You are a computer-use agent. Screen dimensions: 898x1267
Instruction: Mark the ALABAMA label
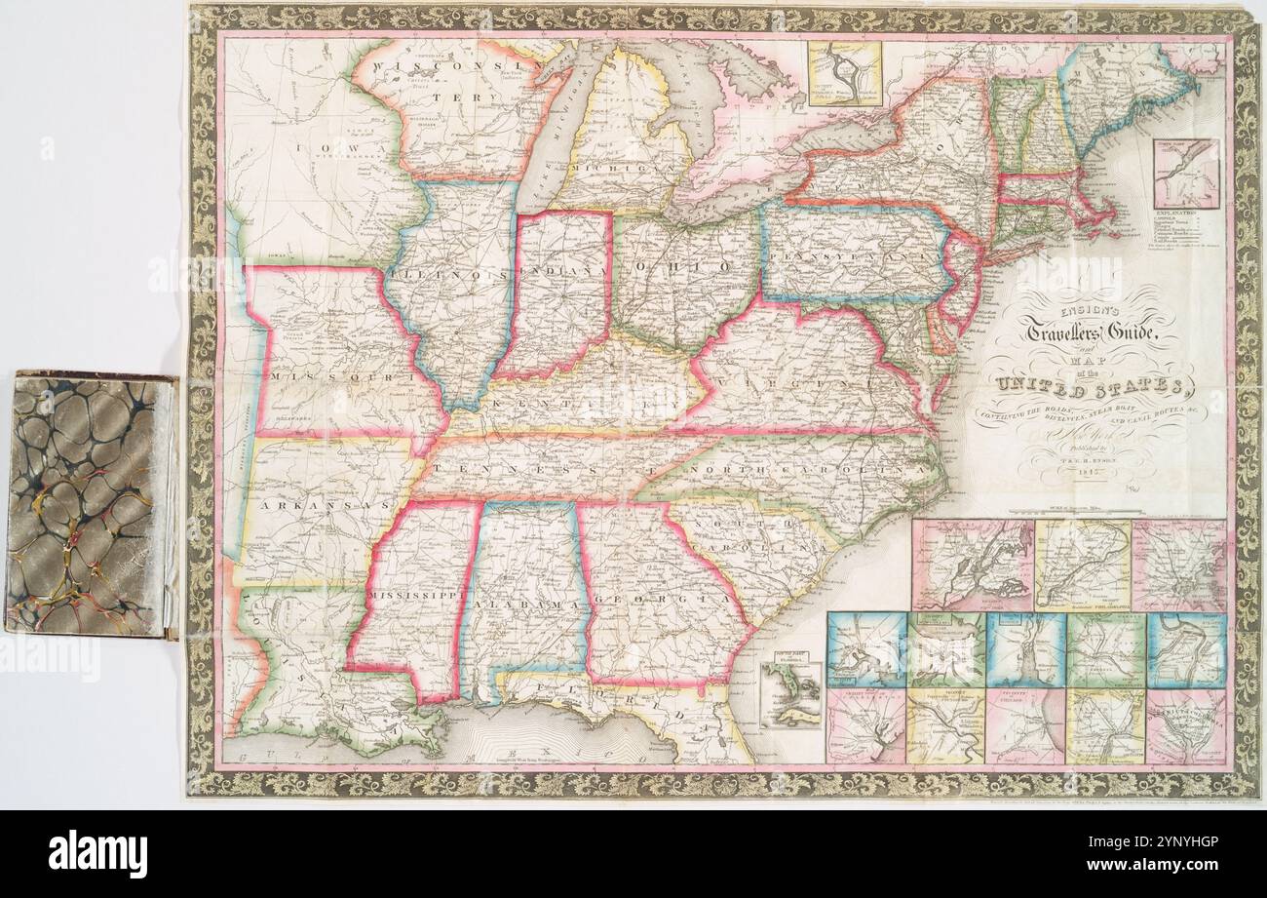click(x=532, y=607)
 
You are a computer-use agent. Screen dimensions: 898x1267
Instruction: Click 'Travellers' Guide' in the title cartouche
click(x=1089, y=332)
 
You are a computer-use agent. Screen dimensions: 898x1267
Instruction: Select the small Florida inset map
click(x=790, y=694)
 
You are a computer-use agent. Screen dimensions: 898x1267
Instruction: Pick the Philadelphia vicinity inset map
click(x=1082, y=565)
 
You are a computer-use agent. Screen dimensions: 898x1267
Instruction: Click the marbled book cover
click(x=90, y=504)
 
